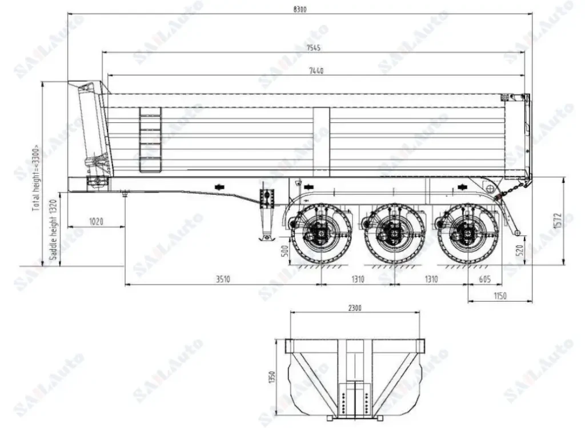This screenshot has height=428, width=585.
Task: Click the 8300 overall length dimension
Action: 299,9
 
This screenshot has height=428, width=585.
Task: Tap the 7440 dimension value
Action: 316,71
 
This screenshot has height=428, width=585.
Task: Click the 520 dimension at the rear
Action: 520,250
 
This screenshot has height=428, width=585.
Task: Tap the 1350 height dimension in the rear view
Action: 273,377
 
